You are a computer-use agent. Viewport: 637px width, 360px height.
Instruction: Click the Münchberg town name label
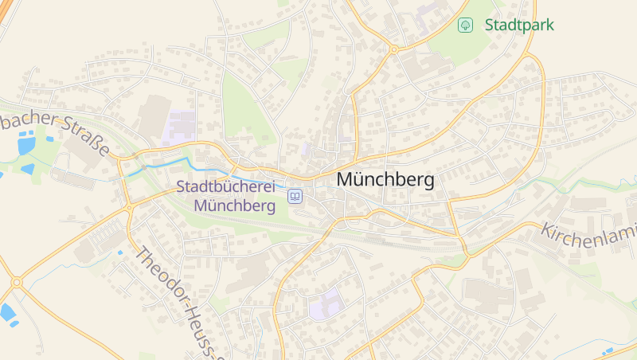pyautogui.click(x=385, y=180)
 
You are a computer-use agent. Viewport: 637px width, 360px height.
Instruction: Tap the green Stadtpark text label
pyautogui.click(x=519, y=25)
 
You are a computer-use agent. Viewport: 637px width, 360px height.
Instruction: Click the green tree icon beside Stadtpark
pyautogui.click(x=465, y=25)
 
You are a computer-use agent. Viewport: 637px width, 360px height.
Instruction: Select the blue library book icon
pyautogui.click(x=295, y=196)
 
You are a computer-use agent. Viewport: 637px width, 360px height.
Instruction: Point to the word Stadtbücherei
pyautogui.click(x=225, y=187)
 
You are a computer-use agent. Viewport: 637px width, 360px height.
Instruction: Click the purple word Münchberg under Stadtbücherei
pyautogui.click(x=234, y=205)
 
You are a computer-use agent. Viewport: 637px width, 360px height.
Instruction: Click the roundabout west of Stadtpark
pyautogui.click(x=393, y=49)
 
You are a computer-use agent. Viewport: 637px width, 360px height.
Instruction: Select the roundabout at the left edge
pyautogui.click(x=16, y=282)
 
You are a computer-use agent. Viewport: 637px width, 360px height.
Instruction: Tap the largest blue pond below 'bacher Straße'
pyautogui.click(x=26, y=146)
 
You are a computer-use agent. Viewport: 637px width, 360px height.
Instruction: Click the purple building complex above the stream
pyautogui.click(x=180, y=127)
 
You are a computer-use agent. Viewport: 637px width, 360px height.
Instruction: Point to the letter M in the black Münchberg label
pyautogui.click(x=346, y=180)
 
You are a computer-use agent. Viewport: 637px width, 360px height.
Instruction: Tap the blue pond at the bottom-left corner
pyautogui.click(x=8, y=312)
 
